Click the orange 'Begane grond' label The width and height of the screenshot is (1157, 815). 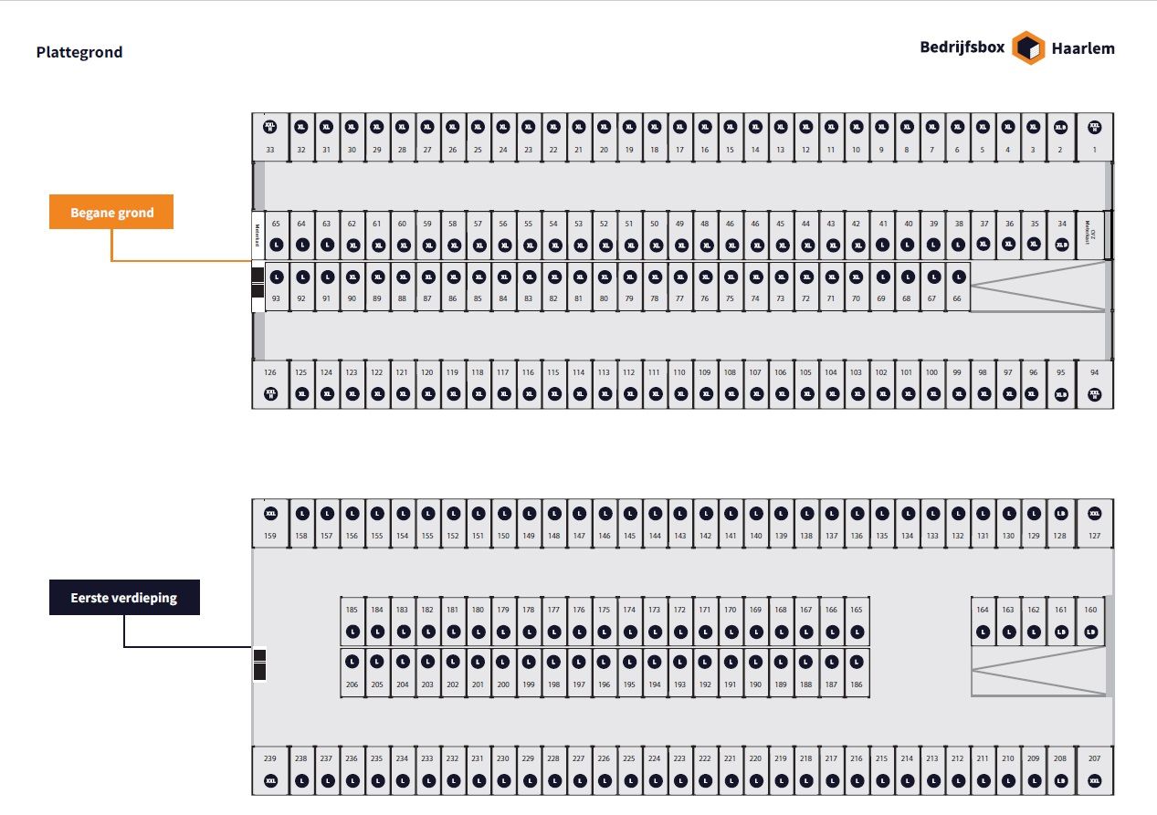click(111, 213)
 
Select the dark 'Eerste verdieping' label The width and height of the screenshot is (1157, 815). click(124, 599)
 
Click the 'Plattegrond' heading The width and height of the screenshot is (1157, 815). click(79, 52)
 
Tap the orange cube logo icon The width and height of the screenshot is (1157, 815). click(1028, 48)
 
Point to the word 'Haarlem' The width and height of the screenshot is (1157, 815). click(1083, 48)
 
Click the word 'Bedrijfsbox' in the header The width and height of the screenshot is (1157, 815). click(962, 48)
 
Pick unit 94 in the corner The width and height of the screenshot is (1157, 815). click(1095, 383)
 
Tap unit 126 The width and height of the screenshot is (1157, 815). click(269, 383)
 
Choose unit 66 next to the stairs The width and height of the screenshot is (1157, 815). click(957, 287)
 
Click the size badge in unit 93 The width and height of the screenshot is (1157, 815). click(276, 277)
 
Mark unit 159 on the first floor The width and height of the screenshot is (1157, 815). click(269, 523)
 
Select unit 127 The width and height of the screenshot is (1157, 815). click(1095, 523)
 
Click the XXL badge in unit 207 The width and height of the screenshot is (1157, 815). click(1095, 781)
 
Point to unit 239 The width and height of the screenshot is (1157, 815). click(269, 770)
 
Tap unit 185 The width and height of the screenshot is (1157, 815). click(352, 621)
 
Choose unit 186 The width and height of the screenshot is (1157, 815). click(856, 672)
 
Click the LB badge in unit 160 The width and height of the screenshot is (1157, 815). click(1089, 632)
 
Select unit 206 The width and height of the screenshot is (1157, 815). click(352, 672)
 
